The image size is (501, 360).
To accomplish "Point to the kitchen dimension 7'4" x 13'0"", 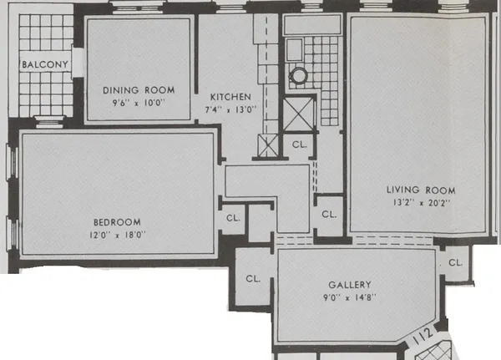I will pyautogui.click(x=229, y=109).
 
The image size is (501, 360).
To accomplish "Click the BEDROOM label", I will pyautogui.click(x=116, y=222).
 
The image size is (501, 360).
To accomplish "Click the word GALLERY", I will pyautogui.click(x=350, y=285).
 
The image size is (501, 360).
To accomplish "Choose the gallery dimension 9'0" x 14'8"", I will pyautogui.click(x=350, y=297).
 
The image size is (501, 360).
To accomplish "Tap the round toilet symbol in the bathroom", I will pyautogui.click(x=298, y=74).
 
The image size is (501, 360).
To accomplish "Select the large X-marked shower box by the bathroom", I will pyautogui.click(x=297, y=112).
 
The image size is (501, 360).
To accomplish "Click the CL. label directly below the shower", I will pyautogui.click(x=300, y=144).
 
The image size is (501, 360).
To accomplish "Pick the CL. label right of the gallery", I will pyautogui.click(x=455, y=262).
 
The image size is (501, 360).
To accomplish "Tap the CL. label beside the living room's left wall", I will pyautogui.click(x=329, y=215).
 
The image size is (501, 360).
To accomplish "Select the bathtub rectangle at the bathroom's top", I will pyautogui.click(x=311, y=27).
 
